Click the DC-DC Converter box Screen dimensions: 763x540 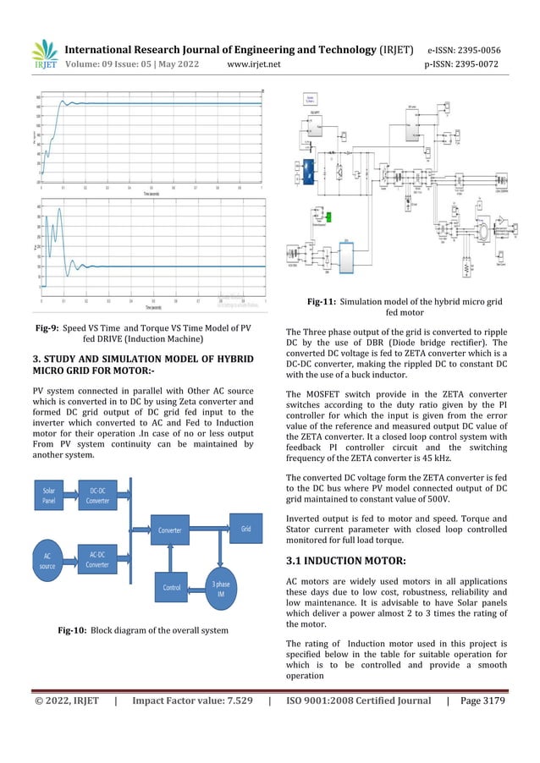coord(98,494)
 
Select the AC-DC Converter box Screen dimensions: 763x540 coord(98,560)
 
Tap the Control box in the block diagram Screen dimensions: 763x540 coord(172,586)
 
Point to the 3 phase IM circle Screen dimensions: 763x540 coord(220,586)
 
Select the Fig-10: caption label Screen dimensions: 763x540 coord(74,630)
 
